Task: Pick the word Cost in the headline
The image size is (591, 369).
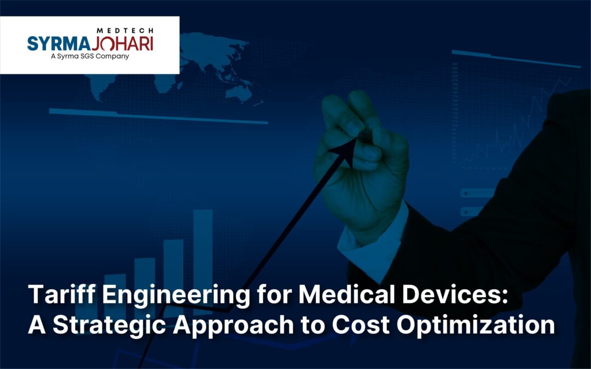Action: [x=363, y=326]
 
